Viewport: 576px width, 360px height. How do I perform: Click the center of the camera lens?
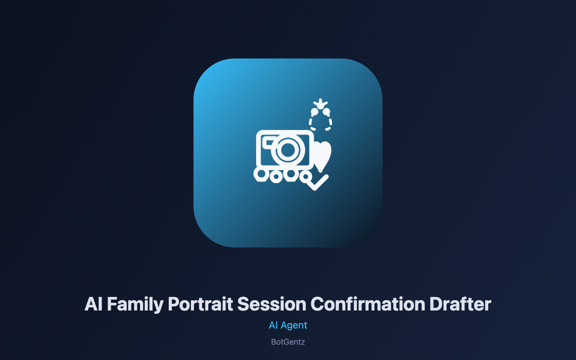pyautogui.click(x=288, y=150)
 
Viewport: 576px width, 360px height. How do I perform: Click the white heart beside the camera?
pyautogui.click(x=322, y=156)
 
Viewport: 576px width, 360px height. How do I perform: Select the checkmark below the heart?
pyautogui.click(x=318, y=183)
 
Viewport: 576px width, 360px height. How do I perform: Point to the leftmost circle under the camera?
pyautogui.click(x=261, y=174)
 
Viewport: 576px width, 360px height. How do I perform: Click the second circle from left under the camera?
pyautogui.click(x=276, y=177)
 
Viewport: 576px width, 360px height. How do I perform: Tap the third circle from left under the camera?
pyautogui.click(x=291, y=174)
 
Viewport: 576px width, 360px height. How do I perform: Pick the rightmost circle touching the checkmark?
pyautogui.click(x=306, y=177)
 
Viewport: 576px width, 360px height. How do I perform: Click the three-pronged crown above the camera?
pyautogui.click(x=320, y=103)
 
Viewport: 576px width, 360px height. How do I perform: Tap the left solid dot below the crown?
pyautogui.click(x=314, y=112)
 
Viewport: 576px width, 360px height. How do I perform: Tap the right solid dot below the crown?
pyautogui.click(x=326, y=112)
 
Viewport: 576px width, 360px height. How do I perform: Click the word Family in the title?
pyautogui.click(x=135, y=305)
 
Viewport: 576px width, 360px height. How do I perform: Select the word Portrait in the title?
pyautogui.click(x=200, y=304)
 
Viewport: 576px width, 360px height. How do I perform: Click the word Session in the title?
pyautogui.click(x=271, y=304)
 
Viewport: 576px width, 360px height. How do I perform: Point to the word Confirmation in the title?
pyautogui.click(x=368, y=304)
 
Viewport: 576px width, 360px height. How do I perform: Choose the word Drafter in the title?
pyautogui.click(x=460, y=304)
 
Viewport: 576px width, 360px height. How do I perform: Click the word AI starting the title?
pyautogui.click(x=93, y=304)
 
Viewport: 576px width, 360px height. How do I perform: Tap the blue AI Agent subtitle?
pyautogui.click(x=288, y=325)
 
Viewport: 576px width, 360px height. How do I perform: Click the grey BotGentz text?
pyautogui.click(x=288, y=342)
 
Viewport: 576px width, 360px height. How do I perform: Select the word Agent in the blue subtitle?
pyautogui.click(x=294, y=325)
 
